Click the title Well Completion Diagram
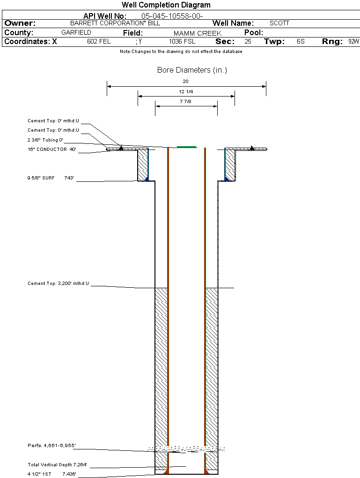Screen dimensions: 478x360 click(166, 5)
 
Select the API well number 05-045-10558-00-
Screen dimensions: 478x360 click(172, 16)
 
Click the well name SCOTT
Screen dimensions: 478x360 click(279, 23)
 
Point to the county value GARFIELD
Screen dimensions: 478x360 click(76, 33)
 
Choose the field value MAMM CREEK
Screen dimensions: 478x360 click(197, 33)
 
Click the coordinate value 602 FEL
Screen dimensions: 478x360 click(99, 42)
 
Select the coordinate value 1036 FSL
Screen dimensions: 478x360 click(182, 42)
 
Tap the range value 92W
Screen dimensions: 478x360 click(353, 42)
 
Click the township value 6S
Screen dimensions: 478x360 click(301, 42)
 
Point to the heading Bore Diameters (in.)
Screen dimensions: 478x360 click(192, 70)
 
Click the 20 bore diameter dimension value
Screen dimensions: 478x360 click(186, 81)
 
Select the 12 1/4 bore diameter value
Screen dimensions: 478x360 click(186, 91)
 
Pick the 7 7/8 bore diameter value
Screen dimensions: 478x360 click(186, 101)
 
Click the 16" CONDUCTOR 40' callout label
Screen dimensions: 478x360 click(51, 149)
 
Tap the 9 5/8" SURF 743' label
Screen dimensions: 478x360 click(51, 178)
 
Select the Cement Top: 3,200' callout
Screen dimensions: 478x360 click(58, 284)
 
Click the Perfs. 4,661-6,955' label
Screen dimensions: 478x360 click(51, 445)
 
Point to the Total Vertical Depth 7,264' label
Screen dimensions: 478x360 click(57, 465)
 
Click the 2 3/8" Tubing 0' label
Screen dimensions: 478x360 click(45, 140)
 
